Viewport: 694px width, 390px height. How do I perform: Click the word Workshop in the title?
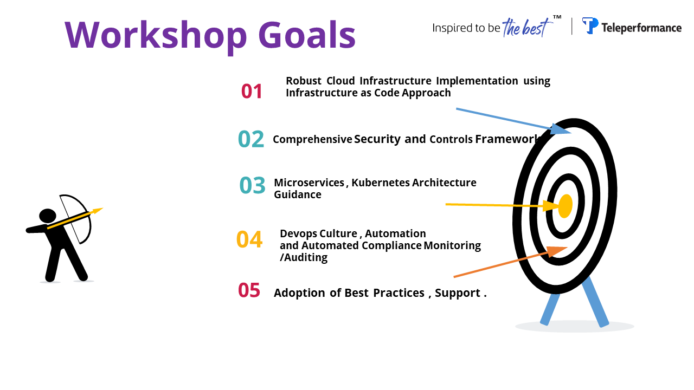coord(156,36)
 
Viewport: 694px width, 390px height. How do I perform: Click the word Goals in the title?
coord(307,35)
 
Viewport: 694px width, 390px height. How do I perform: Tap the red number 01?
coord(252,92)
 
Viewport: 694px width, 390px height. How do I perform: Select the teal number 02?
coord(251,139)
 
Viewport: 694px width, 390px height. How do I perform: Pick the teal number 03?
coord(252,185)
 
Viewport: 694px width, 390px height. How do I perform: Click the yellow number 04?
coord(249,239)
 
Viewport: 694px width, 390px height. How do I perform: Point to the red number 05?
coord(249,290)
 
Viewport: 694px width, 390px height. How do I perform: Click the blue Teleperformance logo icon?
coord(590,25)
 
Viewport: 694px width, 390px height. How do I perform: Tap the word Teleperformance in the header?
coord(641,28)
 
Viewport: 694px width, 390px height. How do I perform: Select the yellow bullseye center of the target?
coord(565,206)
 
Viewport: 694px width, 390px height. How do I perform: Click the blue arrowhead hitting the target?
coord(560,129)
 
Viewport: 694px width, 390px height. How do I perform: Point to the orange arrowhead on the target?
coord(556,251)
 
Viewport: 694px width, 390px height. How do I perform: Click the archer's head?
coord(47,216)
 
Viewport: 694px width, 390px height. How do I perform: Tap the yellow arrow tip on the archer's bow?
coord(99,210)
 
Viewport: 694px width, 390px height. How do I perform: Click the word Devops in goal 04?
coord(298,233)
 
